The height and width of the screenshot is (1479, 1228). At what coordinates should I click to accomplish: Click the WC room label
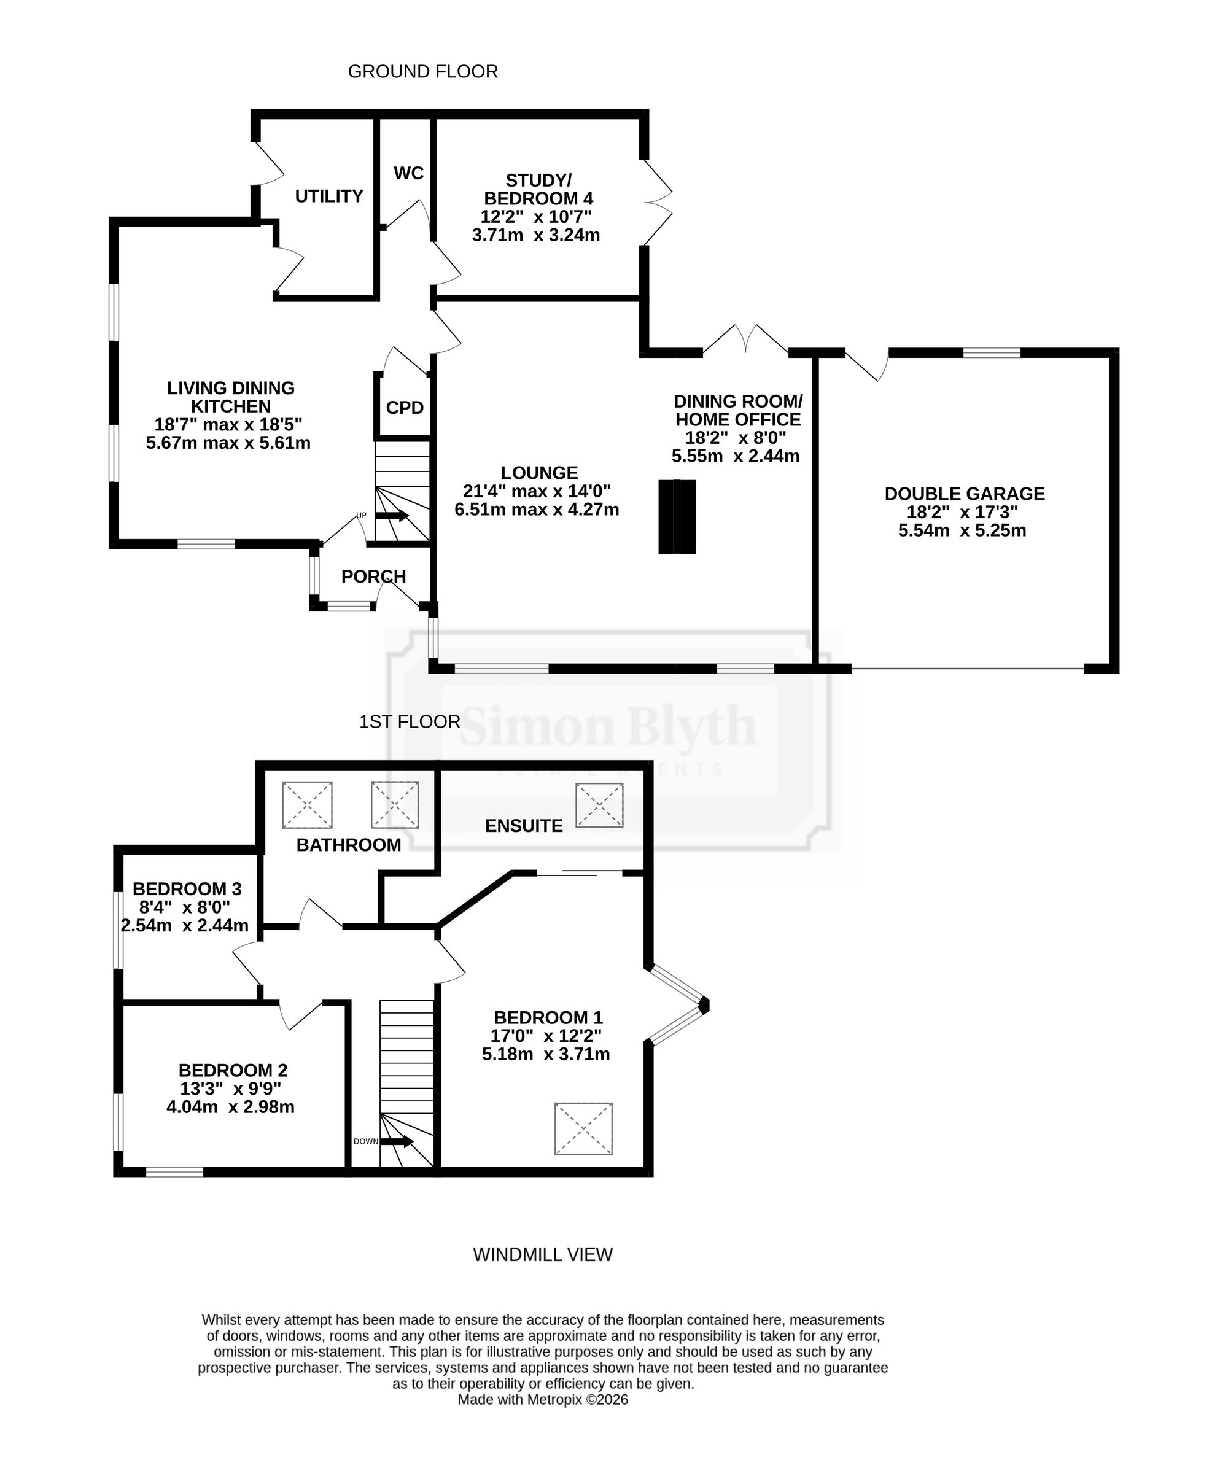click(x=409, y=173)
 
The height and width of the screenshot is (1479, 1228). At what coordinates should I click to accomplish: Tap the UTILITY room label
click(x=329, y=196)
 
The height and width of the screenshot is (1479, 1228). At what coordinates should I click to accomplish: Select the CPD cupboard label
click(x=405, y=408)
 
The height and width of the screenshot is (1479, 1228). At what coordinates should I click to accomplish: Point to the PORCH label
click(x=373, y=577)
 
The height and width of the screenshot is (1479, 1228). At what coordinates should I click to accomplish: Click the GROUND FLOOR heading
click(x=422, y=72)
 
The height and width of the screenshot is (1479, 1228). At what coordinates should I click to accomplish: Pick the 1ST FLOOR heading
click(x=410, y=722)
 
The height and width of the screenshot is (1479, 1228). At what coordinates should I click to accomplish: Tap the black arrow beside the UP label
click(x=392, y=516)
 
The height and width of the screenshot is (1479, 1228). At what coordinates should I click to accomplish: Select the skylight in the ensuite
click(x=599, y=805)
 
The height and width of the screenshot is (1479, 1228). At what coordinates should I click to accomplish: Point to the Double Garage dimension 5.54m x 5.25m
click(x=962, y=531)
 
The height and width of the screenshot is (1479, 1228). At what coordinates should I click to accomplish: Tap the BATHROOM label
click(x=349, y=845)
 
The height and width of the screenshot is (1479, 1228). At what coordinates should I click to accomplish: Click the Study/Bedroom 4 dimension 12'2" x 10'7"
click(x=536, y=217)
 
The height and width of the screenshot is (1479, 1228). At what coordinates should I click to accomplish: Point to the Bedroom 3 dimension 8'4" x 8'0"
click(x=185, y=908)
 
